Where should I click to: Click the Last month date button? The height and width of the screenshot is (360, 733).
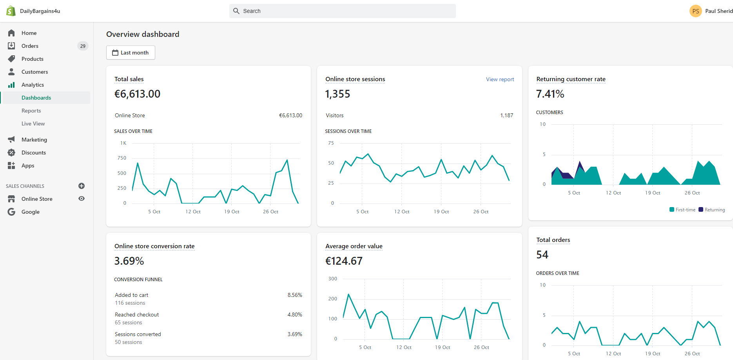tap(131, 53)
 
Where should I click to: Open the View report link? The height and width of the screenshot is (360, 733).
tap(500, 79)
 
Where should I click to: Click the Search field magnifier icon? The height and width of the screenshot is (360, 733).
tap(236, 11)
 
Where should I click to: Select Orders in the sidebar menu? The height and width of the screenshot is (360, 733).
tap(30, 46)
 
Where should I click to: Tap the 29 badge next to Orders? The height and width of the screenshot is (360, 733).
tap(83, 46)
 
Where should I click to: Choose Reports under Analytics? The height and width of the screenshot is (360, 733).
tap(31, 111)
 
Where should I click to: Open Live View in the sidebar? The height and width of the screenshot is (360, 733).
tap(33, 124)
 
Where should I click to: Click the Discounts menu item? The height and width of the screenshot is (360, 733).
tap(34, 153)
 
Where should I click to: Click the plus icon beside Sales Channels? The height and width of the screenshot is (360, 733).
tap(82, 186)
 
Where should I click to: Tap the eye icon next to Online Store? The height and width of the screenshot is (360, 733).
tap(82, 198)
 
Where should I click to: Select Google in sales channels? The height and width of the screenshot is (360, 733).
tap(31, 212)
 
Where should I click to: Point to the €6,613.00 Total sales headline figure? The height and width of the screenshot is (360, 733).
tap(137, 94)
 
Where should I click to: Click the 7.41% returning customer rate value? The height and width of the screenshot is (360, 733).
tap(550, 94)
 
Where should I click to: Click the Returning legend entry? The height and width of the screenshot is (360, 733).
tap(712, 210)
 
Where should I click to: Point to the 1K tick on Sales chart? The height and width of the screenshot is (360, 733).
tap(123, 143)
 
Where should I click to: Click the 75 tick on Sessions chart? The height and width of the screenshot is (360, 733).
tap(331, 143)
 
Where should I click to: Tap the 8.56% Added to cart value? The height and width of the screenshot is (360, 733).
tap(295, 295)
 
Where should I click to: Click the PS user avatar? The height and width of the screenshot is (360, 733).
tap(696, 11)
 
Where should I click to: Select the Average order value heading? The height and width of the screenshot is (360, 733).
tap(354, 246)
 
